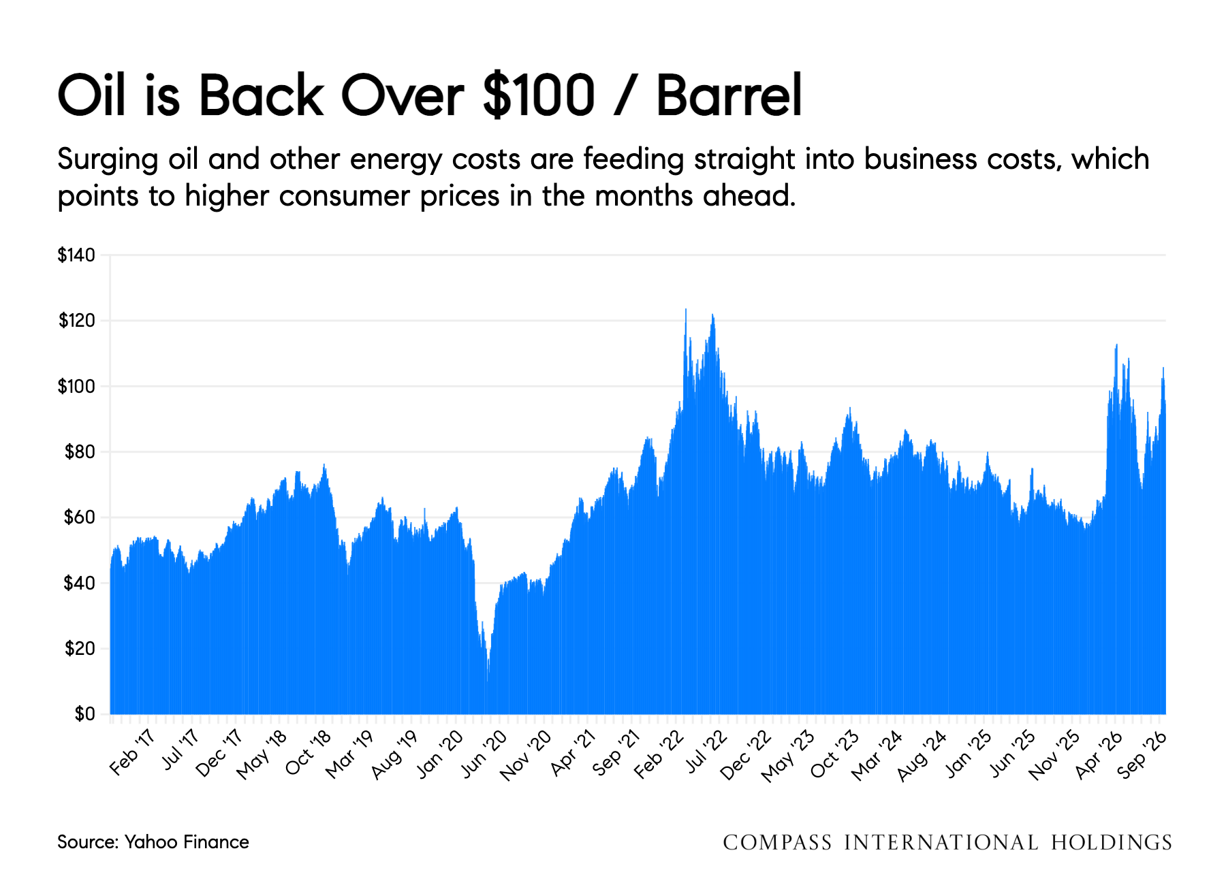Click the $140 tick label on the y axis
pos(76,255)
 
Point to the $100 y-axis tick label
pos(76,387)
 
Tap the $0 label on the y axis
pos(85,714)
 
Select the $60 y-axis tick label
pos(80,517)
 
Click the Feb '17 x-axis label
pos(132,753)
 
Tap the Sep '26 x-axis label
pos(1142,754)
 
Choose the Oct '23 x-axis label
pos(835,754)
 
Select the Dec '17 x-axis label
pos(219,754)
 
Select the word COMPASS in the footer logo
pos(777,843)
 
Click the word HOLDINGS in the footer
pos(1111,843)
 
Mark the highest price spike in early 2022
pos(686,310)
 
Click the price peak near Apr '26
pos(1116,345)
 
